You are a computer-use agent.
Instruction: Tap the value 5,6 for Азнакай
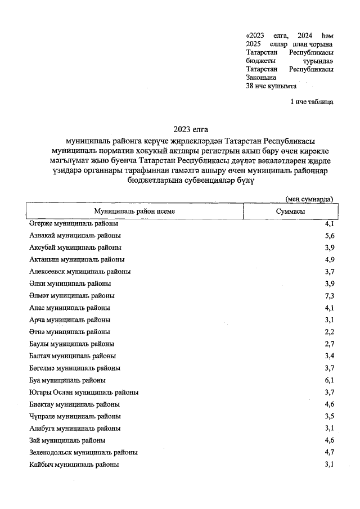(330, 236)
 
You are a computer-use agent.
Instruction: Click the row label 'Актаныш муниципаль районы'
(76, 259)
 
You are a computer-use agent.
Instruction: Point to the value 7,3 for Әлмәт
(330, 295)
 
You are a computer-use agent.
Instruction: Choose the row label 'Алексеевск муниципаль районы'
(80, 271)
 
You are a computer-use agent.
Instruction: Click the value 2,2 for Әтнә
(330, 332)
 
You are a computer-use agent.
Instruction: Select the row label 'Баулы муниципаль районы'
(72, 344)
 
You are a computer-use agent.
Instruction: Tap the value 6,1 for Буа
(330, 380)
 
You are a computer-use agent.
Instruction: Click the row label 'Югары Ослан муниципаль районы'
(84, 392)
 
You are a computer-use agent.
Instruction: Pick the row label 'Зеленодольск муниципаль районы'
(83, 452)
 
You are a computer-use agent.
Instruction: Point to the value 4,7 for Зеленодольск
(330, 452)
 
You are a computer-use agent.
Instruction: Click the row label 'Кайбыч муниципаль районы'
(74, 464)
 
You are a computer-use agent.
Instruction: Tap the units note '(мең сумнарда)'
(309, 199)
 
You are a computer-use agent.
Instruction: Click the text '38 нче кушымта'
(271, 87)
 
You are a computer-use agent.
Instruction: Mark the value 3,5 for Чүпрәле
(330, 416)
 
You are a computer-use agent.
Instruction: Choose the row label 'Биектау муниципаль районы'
(74, 404)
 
